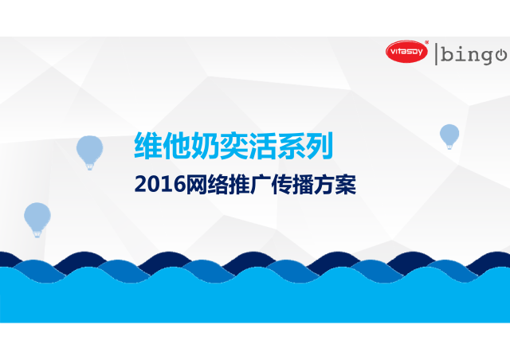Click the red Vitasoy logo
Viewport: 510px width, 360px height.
coord(406,52)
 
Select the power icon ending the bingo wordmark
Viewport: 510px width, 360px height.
coord(501,55)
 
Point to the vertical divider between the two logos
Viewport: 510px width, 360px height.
coord(436,54)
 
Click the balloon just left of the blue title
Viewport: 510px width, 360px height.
coord(90,152)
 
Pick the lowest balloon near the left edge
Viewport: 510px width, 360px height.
coord(37,220)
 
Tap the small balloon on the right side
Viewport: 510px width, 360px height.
coord(449,136)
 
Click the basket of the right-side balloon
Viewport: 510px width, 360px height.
coord(449,147)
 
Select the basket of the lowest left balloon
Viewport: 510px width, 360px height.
coord(37,234)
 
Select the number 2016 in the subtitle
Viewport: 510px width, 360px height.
coord(159,185)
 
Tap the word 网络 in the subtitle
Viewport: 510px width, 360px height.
coord(206,185)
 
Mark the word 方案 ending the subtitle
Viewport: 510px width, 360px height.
coord(335,185)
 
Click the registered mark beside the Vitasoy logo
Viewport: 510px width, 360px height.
coord(427,42)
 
